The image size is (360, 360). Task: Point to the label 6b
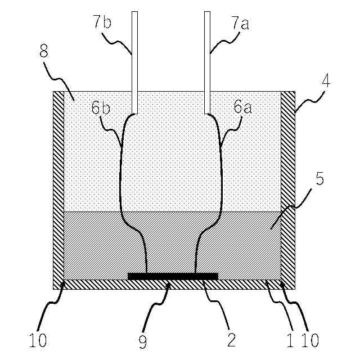[101, 107]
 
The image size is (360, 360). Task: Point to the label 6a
[242, 107]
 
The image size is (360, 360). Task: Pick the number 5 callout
[319, 179]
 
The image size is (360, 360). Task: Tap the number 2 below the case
[230, 339]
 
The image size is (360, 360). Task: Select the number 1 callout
[290, 339]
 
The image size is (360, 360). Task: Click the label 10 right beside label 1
[309, 339]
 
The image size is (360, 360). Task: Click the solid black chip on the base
[172, 276]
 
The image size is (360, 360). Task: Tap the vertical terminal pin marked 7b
[134, 62]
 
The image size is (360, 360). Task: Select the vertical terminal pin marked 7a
[207, 62]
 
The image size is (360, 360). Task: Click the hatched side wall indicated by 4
[287, 186]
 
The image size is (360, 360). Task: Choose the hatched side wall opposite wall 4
[58, 186]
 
